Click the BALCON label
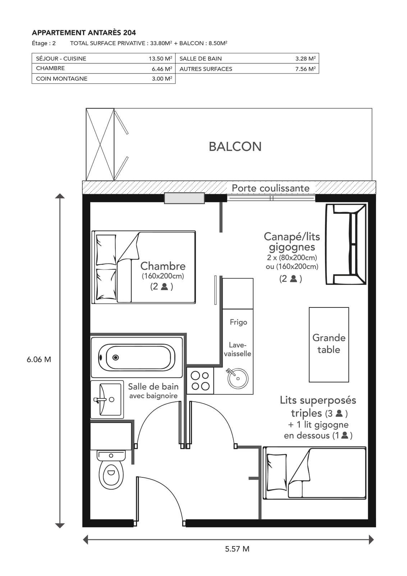[235, 147]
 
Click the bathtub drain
[115, 357]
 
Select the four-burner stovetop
[200, 381]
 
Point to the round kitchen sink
[238, 378]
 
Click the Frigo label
[238, 322]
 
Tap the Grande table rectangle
[329, 345]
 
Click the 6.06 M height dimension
[39, 359]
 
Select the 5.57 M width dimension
[237, 549]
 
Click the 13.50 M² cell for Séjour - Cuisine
[160, 58]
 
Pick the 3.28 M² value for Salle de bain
[305, 58]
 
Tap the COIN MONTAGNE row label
[61, 79]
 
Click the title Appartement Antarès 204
[84, 33]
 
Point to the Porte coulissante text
[271, 188]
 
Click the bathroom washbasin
[107, 399]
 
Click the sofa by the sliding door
[346, 244]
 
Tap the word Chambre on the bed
[163, 266]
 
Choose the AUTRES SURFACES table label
[206, 69]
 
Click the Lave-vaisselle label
[238, 349]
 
